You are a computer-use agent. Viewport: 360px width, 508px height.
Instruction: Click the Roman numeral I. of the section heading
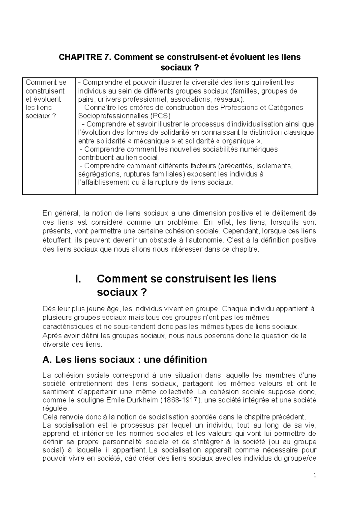pos(78,279)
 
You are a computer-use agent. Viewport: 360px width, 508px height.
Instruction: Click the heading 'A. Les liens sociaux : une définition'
pos(125,359)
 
